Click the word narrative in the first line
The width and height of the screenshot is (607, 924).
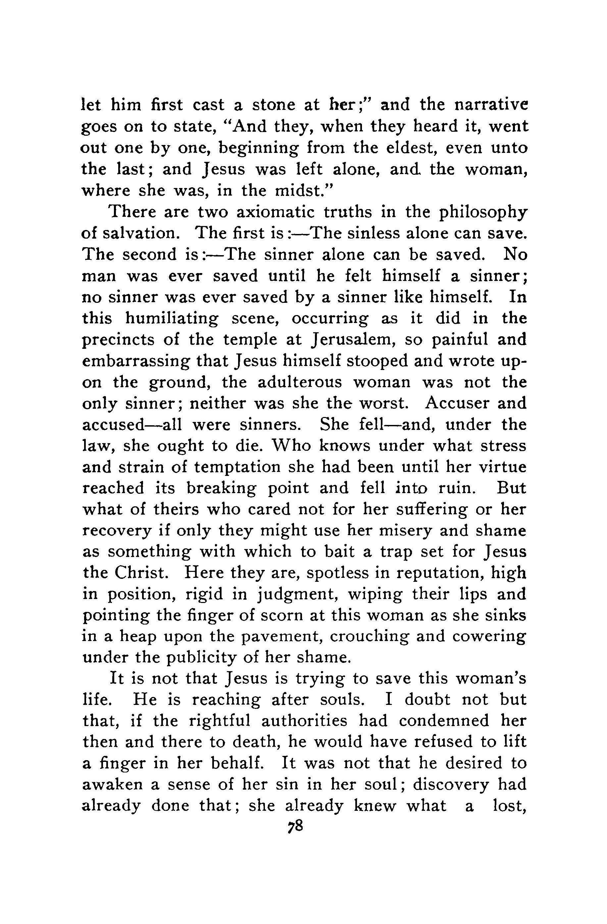tap(490, 105)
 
